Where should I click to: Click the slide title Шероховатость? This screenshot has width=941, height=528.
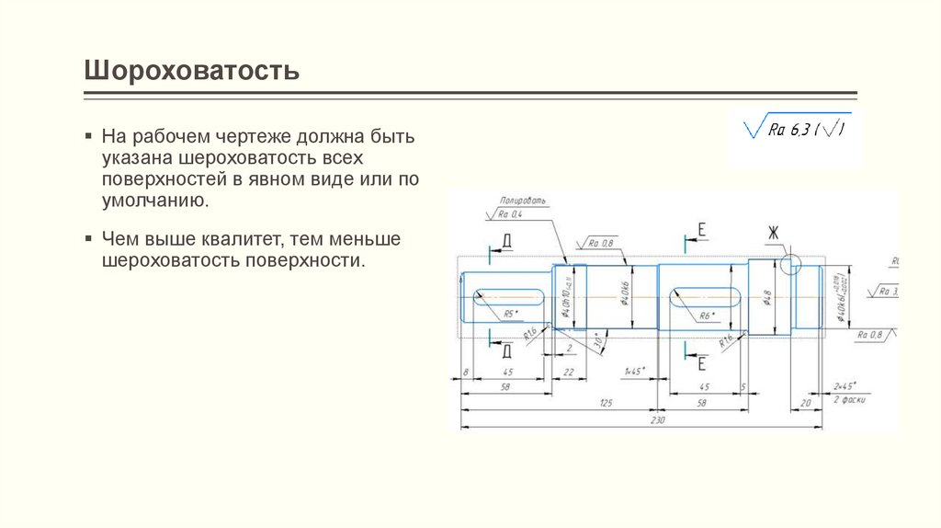(192, 71)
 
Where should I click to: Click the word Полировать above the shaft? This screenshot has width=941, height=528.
(523, 200)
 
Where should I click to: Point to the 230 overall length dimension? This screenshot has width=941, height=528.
(656, 419)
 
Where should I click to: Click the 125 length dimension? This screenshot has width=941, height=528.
(605, 404)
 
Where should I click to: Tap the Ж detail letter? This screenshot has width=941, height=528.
(774, 235)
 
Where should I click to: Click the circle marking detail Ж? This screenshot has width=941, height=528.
(790, 267)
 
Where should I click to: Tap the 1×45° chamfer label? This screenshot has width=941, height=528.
(634, 371)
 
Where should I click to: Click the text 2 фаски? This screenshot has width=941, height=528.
(849, 401)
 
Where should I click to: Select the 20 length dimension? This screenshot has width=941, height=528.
(806, 403)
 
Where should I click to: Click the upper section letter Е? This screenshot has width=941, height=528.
(701, 230)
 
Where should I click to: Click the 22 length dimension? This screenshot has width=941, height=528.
(568, 372)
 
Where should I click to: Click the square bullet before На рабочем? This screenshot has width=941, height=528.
(88, 136)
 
